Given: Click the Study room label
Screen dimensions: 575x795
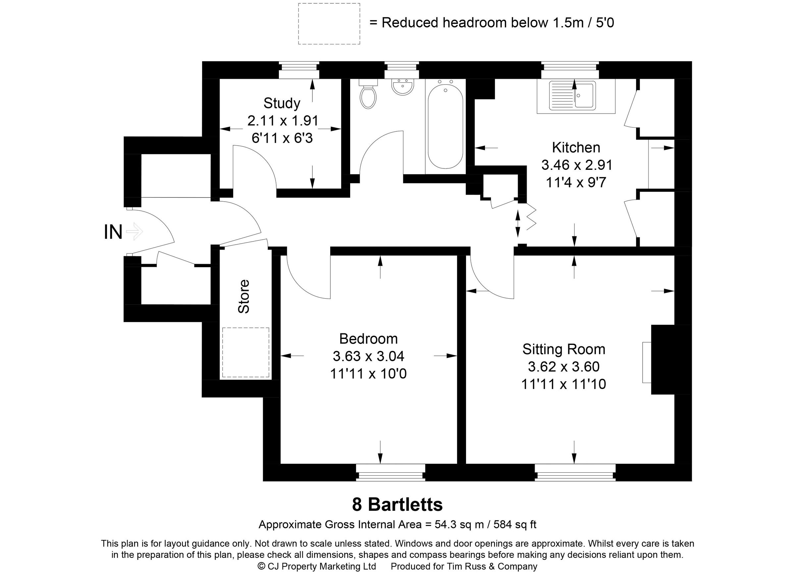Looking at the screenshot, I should [282, 103].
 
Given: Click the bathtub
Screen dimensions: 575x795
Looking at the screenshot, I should [445, 124].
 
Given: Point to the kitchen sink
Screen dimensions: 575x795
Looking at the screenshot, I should [572, 95].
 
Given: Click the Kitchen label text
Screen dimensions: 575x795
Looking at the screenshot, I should [576, 148].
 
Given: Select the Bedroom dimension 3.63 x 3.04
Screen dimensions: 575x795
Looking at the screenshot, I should [368, 356].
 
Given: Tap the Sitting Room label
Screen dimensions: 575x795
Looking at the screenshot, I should [564, 349].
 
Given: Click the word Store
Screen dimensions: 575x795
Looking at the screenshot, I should [244, 296].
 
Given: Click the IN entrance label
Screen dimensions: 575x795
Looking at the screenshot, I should [113, 232].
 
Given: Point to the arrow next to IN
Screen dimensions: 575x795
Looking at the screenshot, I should [134, 232].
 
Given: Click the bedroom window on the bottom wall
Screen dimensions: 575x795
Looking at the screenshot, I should [390, 472].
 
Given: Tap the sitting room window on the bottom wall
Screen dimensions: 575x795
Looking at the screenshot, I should [575, 472].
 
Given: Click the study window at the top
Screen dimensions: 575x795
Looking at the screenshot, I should [299, 70].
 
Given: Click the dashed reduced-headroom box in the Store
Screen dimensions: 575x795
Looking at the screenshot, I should [245, 352].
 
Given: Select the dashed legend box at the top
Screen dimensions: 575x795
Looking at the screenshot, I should [329, 24].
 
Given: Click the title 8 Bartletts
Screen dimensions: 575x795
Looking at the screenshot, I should [397, 504].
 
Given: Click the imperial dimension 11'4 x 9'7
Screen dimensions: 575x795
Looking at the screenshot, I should [576, 182].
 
